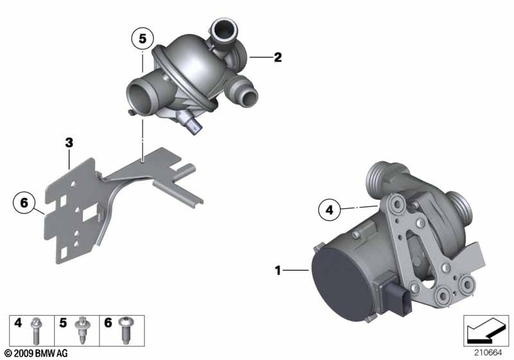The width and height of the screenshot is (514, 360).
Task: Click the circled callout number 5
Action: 142,39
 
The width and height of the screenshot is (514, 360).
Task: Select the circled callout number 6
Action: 24,203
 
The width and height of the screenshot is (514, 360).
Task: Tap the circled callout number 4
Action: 329,210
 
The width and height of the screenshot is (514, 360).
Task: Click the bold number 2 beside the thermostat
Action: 278,57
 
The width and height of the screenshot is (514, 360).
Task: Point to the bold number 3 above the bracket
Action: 69,143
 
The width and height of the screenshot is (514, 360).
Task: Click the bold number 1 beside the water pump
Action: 278,270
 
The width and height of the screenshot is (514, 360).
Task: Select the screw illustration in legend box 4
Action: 35,330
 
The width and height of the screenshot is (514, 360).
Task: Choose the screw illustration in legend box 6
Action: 125,330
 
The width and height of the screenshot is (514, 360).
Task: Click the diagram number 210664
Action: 488,353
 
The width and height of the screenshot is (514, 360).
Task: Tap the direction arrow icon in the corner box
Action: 486,330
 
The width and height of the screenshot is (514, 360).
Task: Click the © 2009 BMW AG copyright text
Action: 36,353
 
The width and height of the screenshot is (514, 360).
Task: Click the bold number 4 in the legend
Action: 18,323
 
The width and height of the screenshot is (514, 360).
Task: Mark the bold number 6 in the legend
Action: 108,323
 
